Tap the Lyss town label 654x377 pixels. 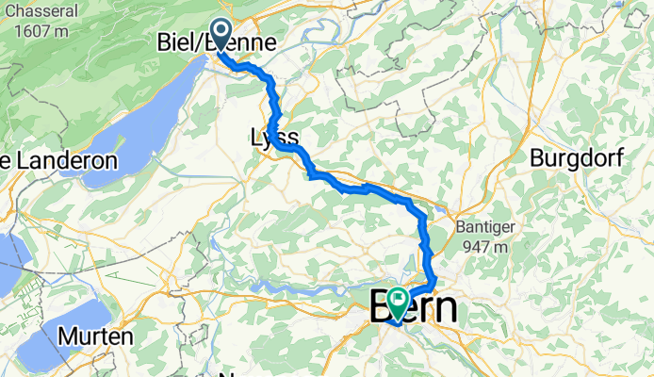(274, 138)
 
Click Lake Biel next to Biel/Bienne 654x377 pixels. (141, 113)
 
